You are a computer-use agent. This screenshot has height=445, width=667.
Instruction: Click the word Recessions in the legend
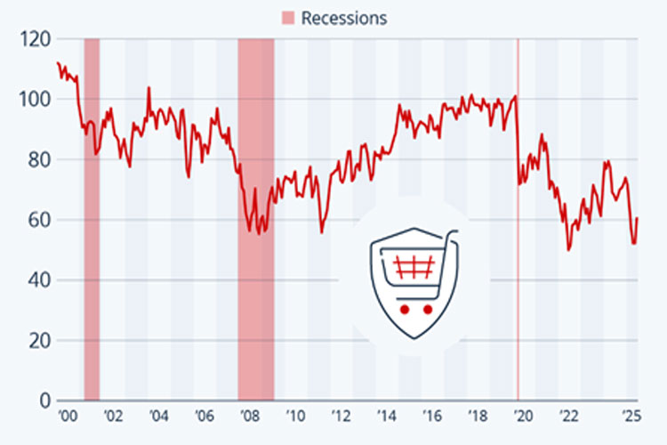344,18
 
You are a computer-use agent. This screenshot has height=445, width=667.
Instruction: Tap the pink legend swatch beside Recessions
288,18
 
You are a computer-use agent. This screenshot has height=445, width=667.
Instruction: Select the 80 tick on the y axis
37,160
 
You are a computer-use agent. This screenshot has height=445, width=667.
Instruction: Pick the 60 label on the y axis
37,220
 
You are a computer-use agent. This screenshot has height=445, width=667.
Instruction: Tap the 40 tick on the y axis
37,280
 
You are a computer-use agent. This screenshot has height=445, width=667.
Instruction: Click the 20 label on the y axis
37,341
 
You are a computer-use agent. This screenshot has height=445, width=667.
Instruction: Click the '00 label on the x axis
67,416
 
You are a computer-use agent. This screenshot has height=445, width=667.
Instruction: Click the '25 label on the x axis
631,416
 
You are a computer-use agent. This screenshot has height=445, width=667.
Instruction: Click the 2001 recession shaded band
92,267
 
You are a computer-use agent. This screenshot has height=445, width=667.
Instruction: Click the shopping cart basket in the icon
411,266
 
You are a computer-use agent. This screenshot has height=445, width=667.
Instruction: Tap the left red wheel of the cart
404,310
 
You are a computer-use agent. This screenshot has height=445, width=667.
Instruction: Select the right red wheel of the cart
427,310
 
